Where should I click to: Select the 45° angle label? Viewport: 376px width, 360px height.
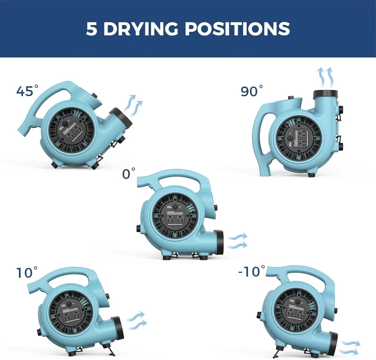coord(27,91)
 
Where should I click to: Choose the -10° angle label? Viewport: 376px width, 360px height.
coord(251,271)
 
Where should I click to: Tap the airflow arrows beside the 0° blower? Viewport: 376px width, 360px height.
coord(237,240)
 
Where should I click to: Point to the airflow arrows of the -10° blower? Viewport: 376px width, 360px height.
coord(349,347)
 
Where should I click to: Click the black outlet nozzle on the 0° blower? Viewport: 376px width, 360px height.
coord(219,242)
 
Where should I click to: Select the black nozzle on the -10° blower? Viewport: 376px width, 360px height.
coord(333,344)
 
